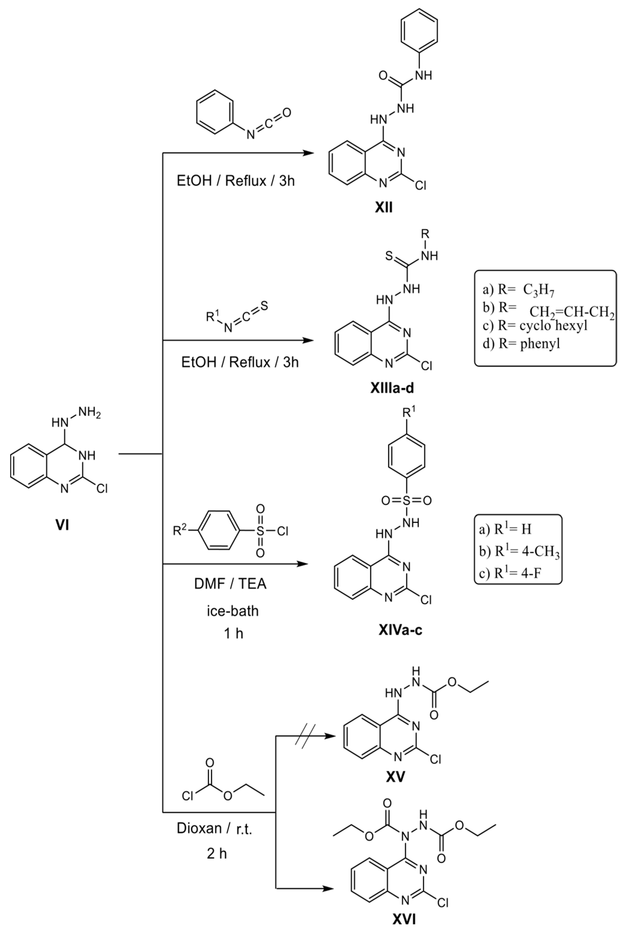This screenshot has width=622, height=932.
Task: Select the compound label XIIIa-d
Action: point(392,388)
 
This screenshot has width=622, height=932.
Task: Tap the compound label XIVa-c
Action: point(400,630)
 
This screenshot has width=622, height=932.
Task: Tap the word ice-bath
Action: point(232,610)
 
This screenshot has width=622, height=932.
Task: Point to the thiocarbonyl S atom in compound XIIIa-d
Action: point(389,256)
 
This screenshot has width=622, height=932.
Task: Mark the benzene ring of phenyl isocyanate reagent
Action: point(215,112)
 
